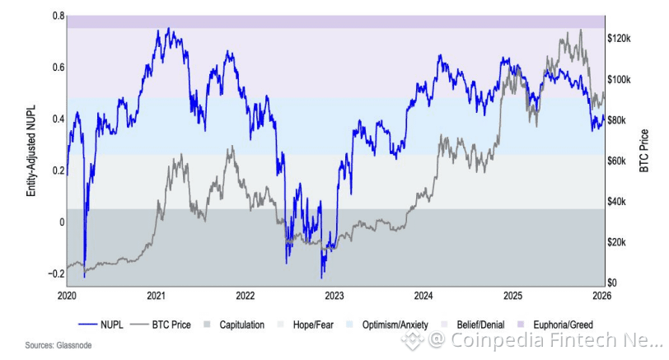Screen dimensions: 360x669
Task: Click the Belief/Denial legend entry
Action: tap(476, 325)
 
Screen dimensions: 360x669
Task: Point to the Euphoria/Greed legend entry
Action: tap(558, 325)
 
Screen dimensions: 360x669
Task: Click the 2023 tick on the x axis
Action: tap(334, 294)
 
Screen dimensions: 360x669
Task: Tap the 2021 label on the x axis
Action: tap(156, 294)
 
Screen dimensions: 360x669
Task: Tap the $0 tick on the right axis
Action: tap(612, 283)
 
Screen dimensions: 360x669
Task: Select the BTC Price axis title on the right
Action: tap(644, 149)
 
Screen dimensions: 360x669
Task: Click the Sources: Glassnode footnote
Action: tap(58, 345)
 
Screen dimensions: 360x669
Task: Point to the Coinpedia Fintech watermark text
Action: tap(544, 339)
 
